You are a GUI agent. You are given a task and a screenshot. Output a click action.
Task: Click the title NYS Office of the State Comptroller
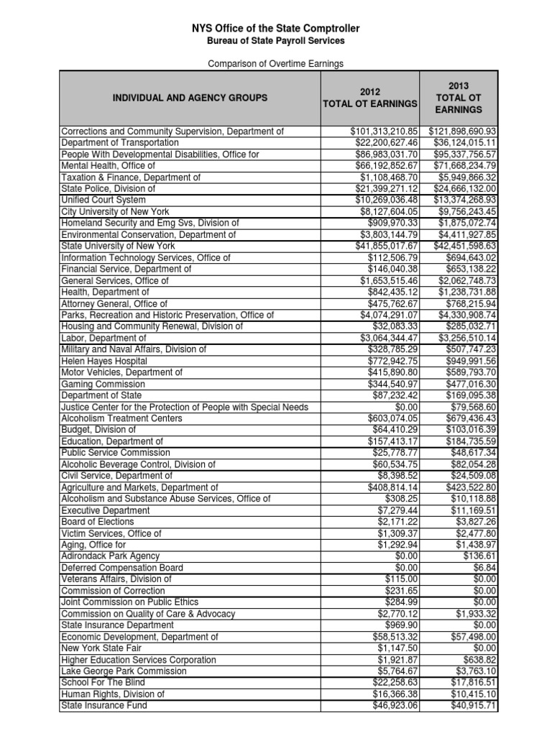coord(276,28)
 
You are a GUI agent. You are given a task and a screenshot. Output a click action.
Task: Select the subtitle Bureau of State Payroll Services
coord(276,41)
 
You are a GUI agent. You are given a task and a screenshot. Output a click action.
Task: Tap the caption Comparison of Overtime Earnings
coord(276,64)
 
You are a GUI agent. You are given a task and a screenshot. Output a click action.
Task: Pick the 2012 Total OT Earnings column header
coord(370,98)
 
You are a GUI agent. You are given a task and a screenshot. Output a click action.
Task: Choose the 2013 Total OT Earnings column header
coord(459,98)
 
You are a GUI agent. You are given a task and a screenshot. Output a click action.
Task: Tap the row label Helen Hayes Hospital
coord(104,361)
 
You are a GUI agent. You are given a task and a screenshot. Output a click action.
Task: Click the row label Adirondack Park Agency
coord(110,556)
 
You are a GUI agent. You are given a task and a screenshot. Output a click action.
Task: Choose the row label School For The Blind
coord(103,682)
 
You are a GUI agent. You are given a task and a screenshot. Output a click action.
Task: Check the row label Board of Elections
coord(98,522)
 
